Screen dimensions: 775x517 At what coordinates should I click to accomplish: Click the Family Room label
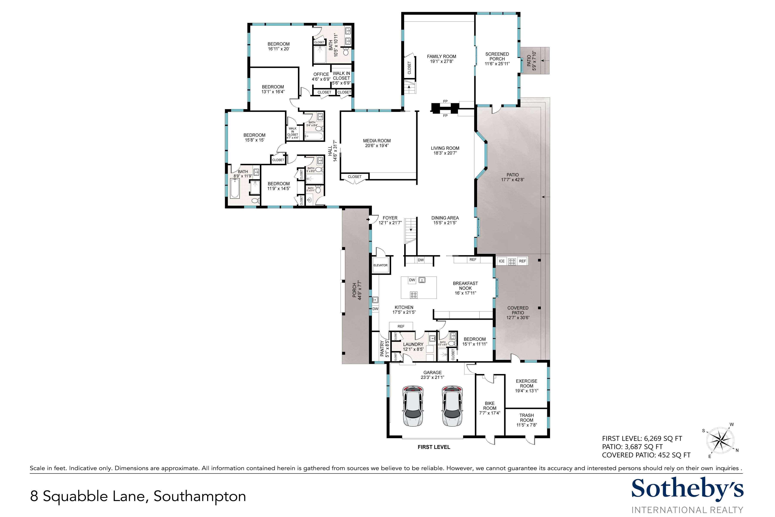point(442,56)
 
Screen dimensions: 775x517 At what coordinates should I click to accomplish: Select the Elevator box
point(381,265)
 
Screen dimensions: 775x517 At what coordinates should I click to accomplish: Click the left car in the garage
point(412,406)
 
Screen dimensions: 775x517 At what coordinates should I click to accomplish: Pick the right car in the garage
point(453,406)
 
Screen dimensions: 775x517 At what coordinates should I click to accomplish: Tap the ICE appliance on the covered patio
point(502,261)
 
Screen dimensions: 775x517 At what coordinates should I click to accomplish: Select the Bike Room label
point(490,406)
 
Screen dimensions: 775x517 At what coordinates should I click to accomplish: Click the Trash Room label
point(527,418)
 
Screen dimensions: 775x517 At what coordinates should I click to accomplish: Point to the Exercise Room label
point(527,383)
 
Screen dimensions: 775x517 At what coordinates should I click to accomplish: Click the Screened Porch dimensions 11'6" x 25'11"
point(497,64)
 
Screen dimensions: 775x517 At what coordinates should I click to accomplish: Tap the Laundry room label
point(413,344)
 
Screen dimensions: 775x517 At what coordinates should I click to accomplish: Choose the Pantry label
point(382,349)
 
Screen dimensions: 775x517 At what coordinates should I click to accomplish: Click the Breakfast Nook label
point(465,286)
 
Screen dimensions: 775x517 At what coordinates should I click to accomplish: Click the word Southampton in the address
point(200,497)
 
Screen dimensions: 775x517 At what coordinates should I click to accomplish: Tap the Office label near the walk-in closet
point(321,74)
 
